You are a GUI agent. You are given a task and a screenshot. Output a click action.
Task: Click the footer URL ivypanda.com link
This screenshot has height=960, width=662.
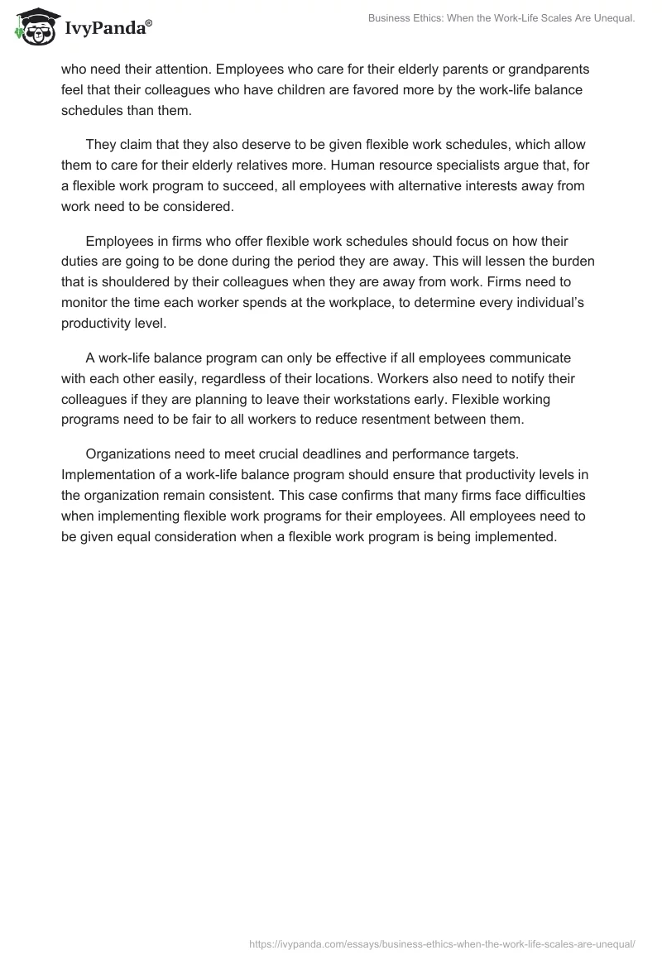[x=442, y=943]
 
